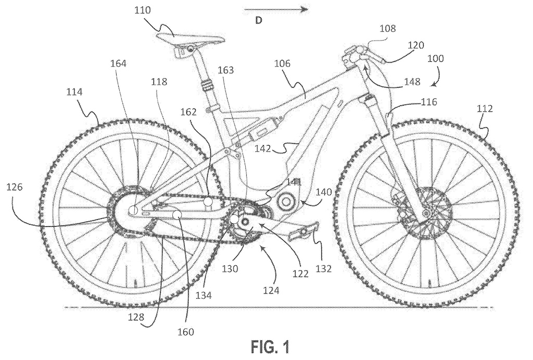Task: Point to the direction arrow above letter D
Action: [x=275, y=9]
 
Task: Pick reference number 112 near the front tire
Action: [x=484, y=110]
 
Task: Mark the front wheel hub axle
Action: [x=427, y=213]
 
